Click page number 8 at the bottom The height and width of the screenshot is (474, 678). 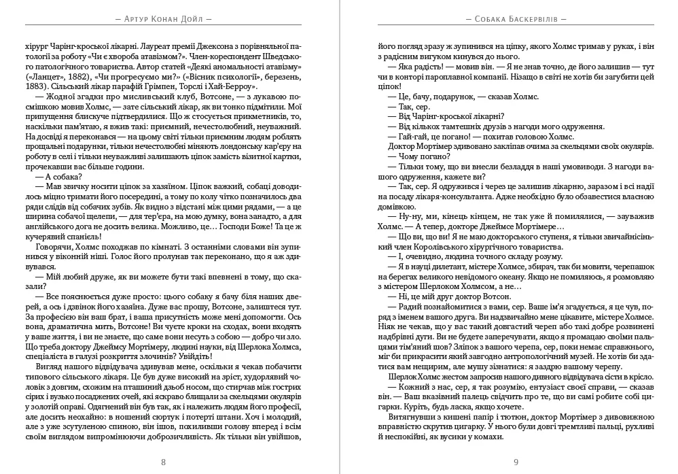pyautogui.click(x=163, y=462)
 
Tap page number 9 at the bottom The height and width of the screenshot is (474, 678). pyautogui.click(x=516, y=462)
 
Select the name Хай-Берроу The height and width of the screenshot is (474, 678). pyautogui.click(x=233, y=88)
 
